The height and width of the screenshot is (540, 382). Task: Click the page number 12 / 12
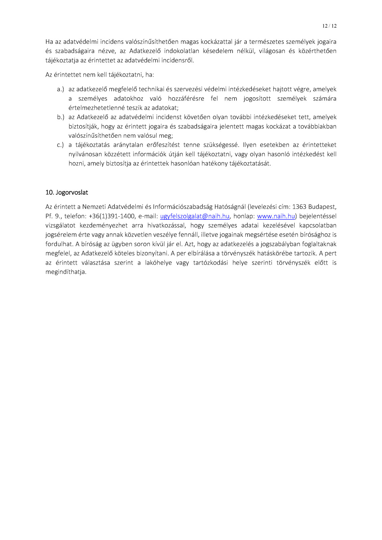click(x=329, y=26)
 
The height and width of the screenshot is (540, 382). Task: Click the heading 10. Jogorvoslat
click(x=67, y=192)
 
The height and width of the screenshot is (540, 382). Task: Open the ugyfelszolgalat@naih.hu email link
click(x=195, y=216)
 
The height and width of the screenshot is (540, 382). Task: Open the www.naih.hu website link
click(x=276, y=216)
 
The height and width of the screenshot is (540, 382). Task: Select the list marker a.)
click(x=60, y=89)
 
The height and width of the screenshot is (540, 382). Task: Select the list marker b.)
click(x=60, y=117)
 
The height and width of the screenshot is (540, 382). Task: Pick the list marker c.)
click(x=60, y=145)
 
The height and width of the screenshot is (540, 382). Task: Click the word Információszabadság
click(x=183, y=207)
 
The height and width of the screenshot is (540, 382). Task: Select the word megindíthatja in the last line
click(x=66, y=272)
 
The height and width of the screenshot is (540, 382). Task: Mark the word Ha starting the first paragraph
click(x=49, y=42)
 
